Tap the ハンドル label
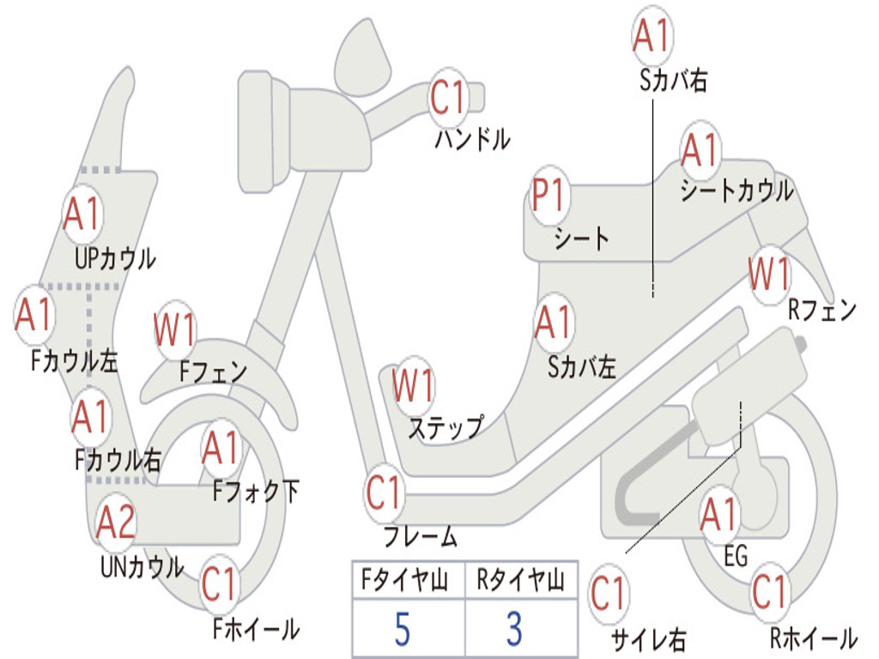coord(473,138)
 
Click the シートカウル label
coord(737,190)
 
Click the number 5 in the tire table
coord(402,629)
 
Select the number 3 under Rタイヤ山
coord(515,629)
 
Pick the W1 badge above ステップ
coord(413,385)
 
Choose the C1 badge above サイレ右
coord(609,594)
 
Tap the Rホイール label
coord(814,638)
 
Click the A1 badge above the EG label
coord(719,515)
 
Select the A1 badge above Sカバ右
coord(652,34)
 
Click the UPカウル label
coord(115,259)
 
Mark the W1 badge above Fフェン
coord(175,329)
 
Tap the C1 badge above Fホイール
coord(219,583)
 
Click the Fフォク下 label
coord(256,492)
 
